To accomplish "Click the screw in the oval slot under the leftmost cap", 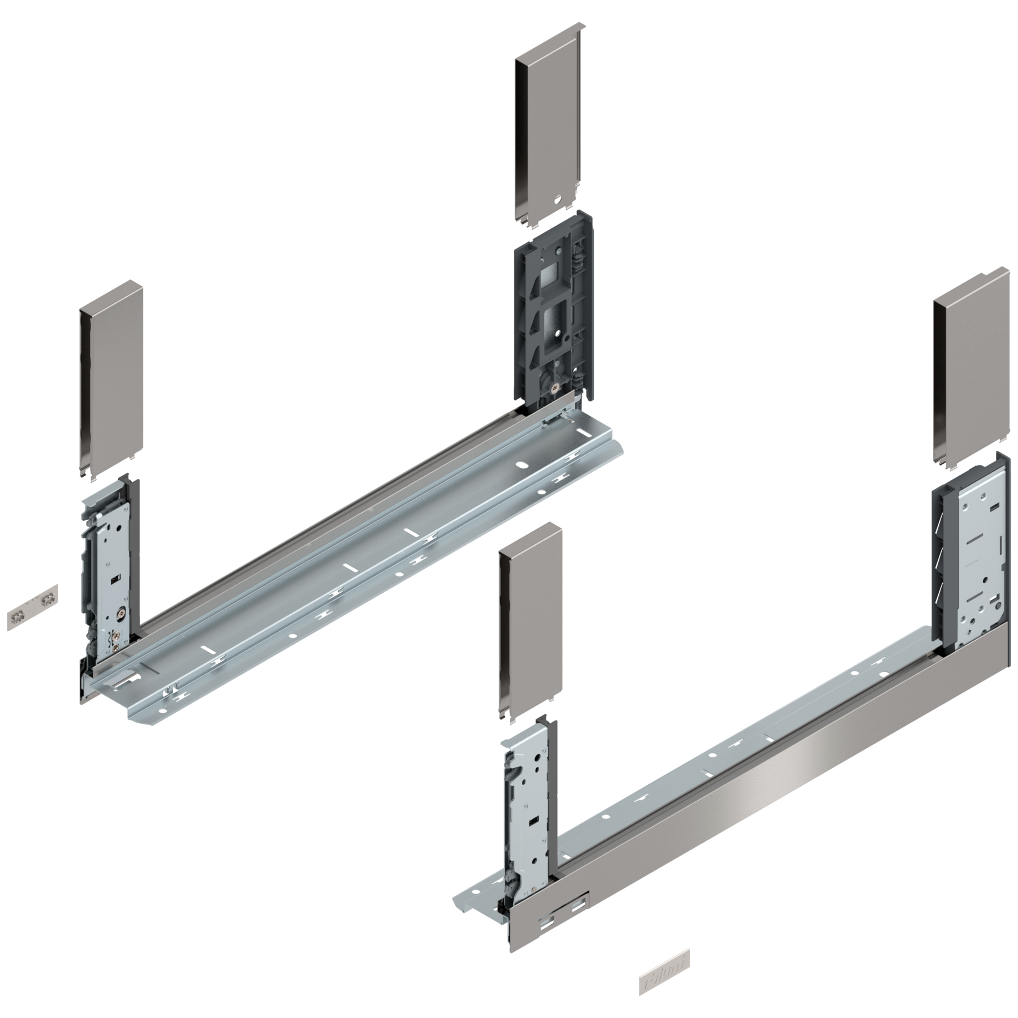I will pyautogui.click(x=120, y=611).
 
